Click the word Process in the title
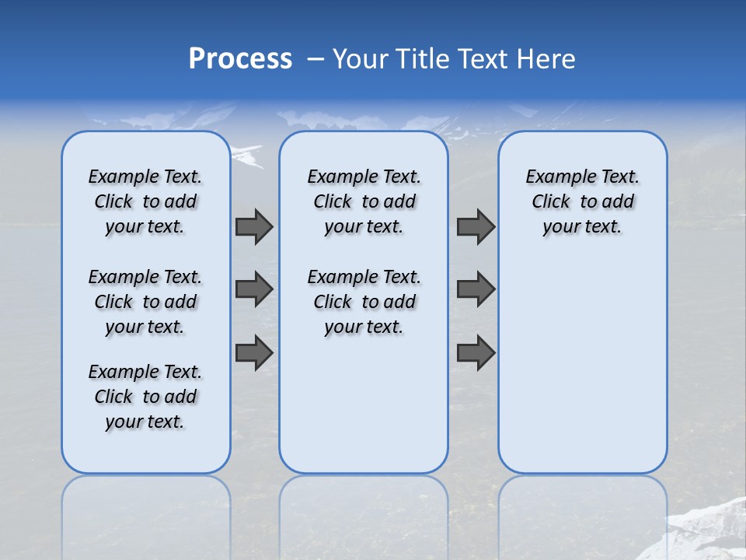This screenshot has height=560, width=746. tap(240, 59)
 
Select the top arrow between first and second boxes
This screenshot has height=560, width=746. tap(254, 226)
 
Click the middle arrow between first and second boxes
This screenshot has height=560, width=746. tap(254, 289)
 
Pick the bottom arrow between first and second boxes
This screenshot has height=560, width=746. tap(254, 352)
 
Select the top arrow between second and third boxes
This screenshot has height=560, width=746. tap(476, 226)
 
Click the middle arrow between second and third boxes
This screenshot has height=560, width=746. tap(476, 289)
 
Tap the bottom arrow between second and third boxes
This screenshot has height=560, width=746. tap(476, 352)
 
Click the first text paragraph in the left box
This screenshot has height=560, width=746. tap(145, 201)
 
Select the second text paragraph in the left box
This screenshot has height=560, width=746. tap(145, 302)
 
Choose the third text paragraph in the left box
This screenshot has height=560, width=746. tap(145, 397)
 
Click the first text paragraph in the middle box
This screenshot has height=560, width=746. tap(364, 201)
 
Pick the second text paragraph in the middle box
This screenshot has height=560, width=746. tap(364, 302)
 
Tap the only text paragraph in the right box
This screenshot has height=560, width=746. tap(583, 201)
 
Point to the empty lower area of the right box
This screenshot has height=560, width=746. tap(583, 366)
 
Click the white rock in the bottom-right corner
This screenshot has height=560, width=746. tap(711, 529)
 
